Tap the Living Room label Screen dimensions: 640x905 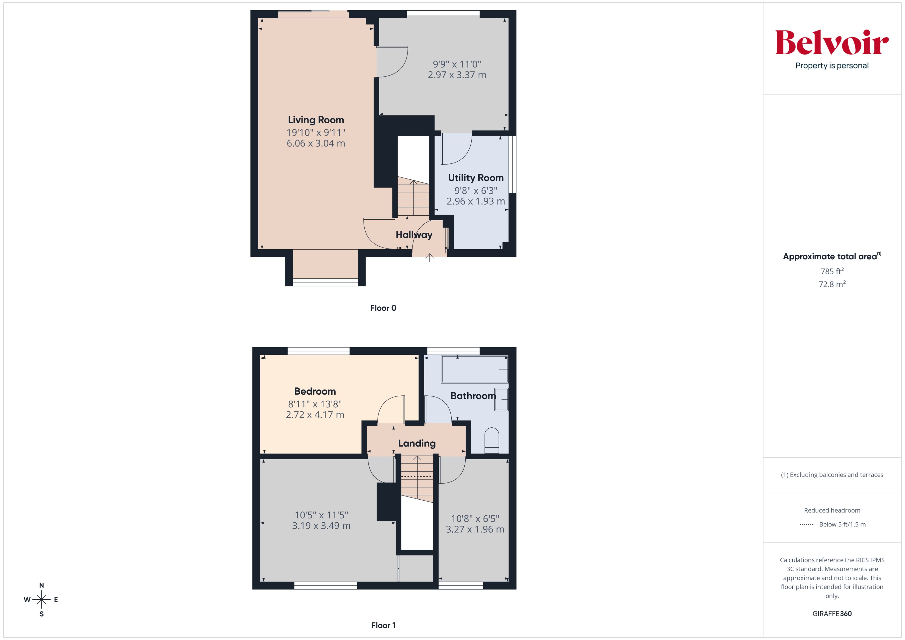316,120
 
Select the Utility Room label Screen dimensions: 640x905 476,178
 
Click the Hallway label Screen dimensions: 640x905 414,235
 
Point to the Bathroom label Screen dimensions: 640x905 473,396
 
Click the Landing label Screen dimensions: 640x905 417,443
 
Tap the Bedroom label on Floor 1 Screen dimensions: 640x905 315,391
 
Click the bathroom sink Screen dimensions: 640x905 501,399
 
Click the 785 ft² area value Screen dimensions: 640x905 832,271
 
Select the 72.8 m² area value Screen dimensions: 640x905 832,284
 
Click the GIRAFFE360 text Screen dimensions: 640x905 832,614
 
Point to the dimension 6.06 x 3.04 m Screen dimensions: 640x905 316,144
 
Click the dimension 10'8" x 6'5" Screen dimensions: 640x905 475,519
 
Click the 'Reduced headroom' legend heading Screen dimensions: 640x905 832,510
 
